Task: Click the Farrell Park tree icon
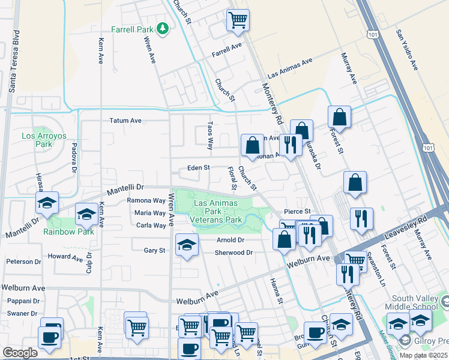click(x=161, y=28)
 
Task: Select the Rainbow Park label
click(x=68, y=231)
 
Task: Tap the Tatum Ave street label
click(x=125, y=121)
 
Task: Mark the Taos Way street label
click(x=210, y=137)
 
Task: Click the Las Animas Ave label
click(x=291, y=68)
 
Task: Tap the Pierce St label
click(x=297, y=211)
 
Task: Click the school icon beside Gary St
click(x=187, y=245)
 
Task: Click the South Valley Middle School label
click(x=419, y=302)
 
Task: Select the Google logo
click(x=20, y=353)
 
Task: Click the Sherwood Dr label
click(x=234, y=253)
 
